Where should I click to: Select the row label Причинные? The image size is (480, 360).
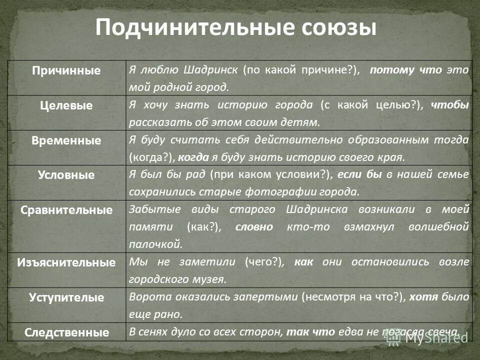[x=66, y=70]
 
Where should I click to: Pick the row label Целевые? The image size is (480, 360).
[x=66, y=105]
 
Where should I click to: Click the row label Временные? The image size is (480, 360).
[x=66, y=140]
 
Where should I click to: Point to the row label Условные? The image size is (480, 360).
[x=66, y=175]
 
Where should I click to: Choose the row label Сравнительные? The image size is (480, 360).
[x=66, y=210]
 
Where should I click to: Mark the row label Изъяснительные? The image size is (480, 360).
[x=66, y=262]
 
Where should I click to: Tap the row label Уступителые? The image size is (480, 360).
[x=66, y=297]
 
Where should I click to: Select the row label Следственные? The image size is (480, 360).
[x=66, y=332]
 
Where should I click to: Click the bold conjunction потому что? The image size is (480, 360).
[x=406, y=70]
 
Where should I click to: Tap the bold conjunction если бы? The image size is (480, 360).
[x=359, y=174]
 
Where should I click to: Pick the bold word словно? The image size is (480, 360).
[x=254, y=227]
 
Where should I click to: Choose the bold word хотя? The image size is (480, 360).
[x=423, y=297]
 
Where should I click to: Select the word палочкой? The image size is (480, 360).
[x=155, y=244]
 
